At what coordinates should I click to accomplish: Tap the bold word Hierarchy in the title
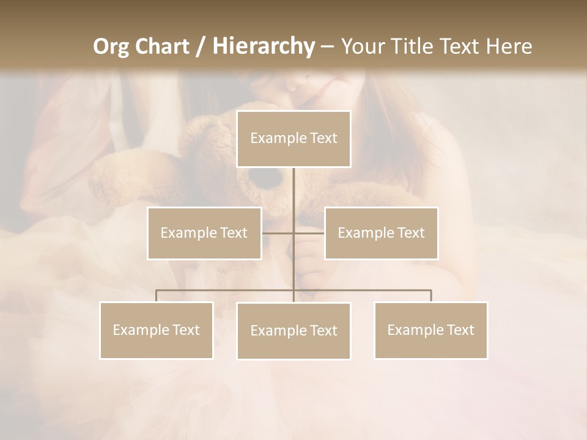click(263, 46)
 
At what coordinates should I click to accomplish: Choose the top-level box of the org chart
click(293, 139)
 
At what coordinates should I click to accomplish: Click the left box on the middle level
click(204, 233)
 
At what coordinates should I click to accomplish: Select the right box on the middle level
click(381, 233)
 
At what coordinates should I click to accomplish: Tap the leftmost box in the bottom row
click(157, 330)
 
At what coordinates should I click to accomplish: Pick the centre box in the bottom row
click(293, 331)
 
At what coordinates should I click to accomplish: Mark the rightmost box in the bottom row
click(431, 330)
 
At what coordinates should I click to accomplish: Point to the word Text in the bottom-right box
click(460, 330)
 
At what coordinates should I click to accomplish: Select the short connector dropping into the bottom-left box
click(157, 296)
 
